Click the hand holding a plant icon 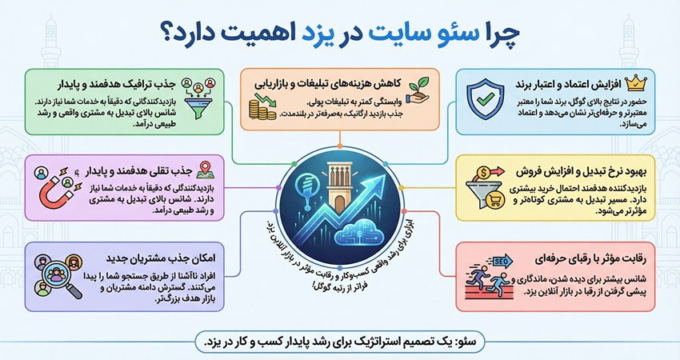tap(421, 84)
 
